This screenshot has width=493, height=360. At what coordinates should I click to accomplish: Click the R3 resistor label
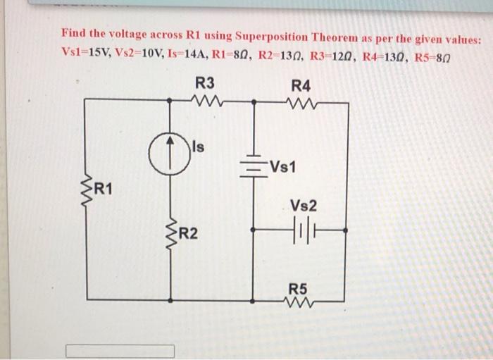coord(205,82)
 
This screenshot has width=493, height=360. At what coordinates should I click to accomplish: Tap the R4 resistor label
coord(300,85)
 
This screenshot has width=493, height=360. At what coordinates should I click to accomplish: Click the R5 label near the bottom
coord(299,288)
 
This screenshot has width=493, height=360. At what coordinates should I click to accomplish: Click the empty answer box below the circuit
coord(120,350)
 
